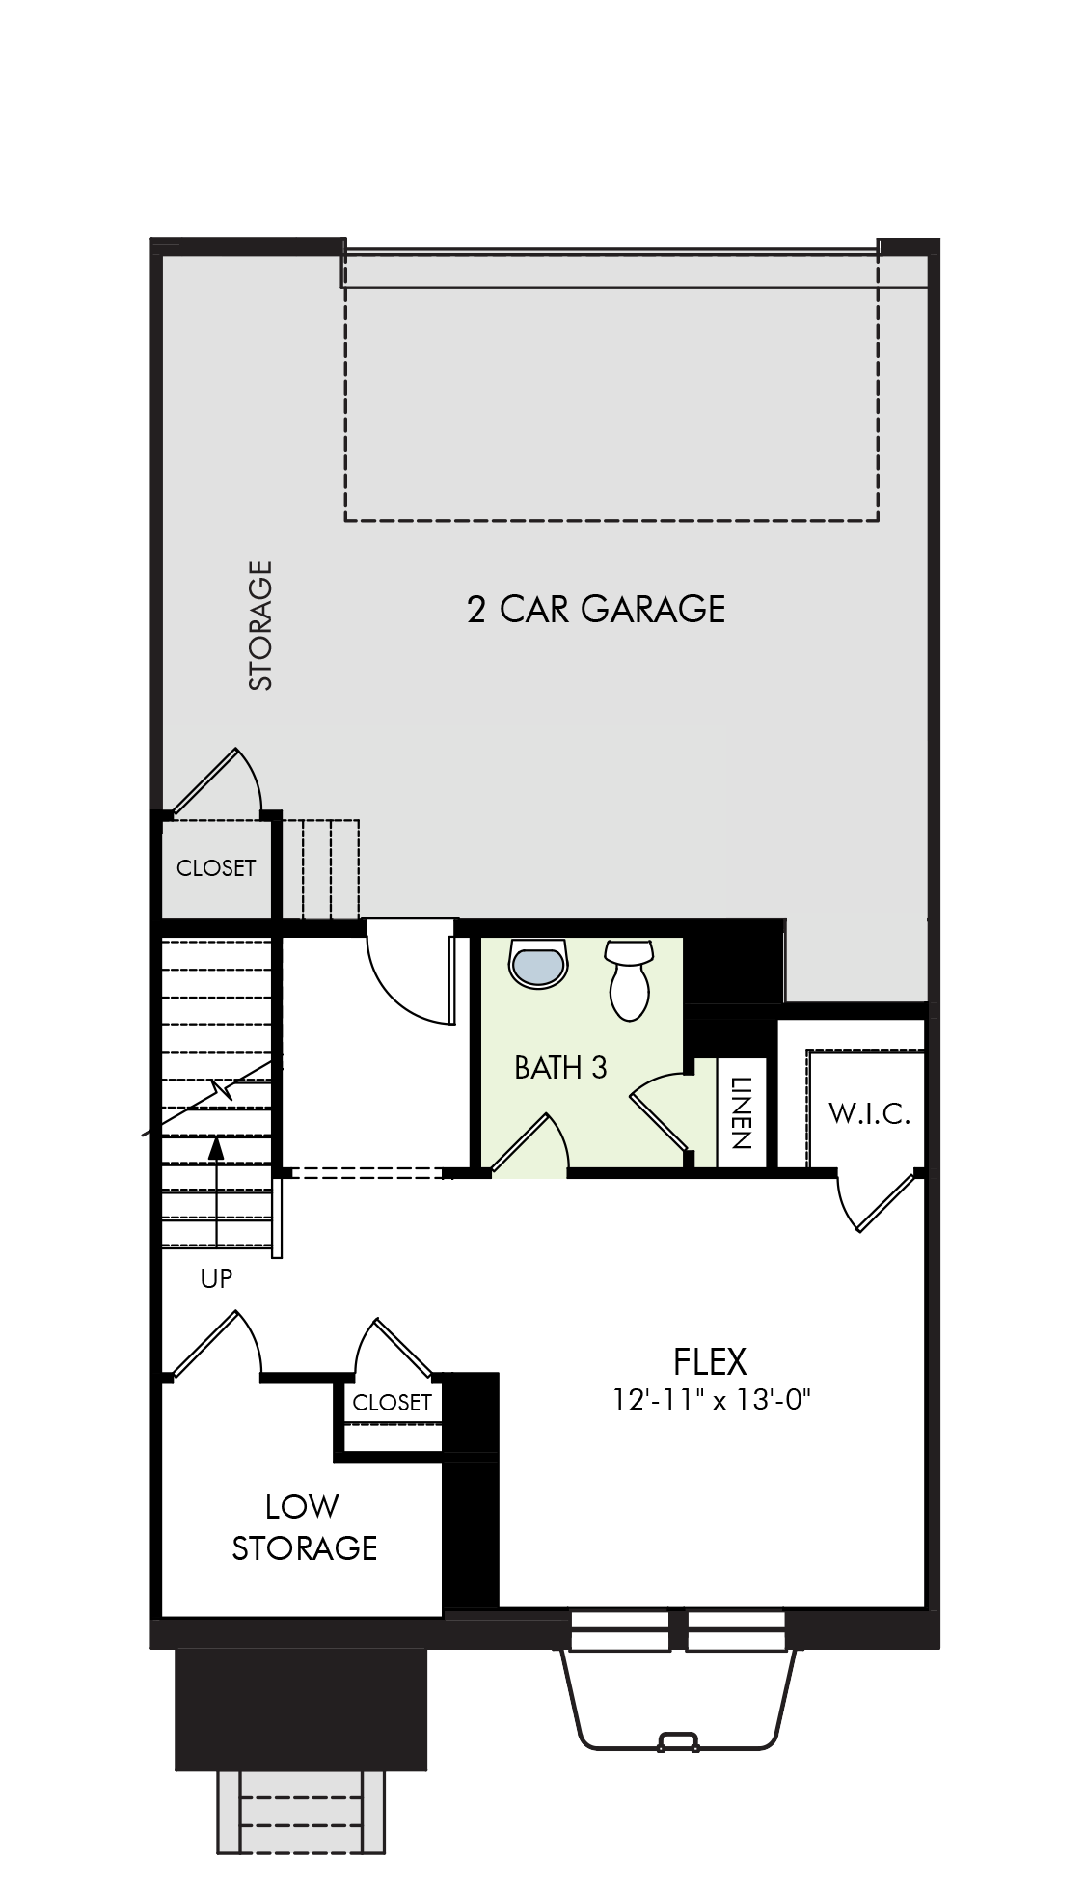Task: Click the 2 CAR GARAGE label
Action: point(595,610)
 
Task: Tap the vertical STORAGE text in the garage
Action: point(261,625)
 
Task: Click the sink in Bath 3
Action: point(539,964)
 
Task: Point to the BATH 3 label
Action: point(560,1068)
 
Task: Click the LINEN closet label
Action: point(741,1112)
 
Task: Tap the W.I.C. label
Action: point(869,1114)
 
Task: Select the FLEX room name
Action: point(710,1361)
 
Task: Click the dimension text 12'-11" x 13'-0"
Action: point(710,1399)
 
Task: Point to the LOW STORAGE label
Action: point(303,1526)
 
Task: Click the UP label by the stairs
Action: point(216,1278)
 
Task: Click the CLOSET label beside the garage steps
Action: point(216,868)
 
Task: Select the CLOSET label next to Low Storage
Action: point(392,1403)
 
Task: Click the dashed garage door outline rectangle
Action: point(611,386)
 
